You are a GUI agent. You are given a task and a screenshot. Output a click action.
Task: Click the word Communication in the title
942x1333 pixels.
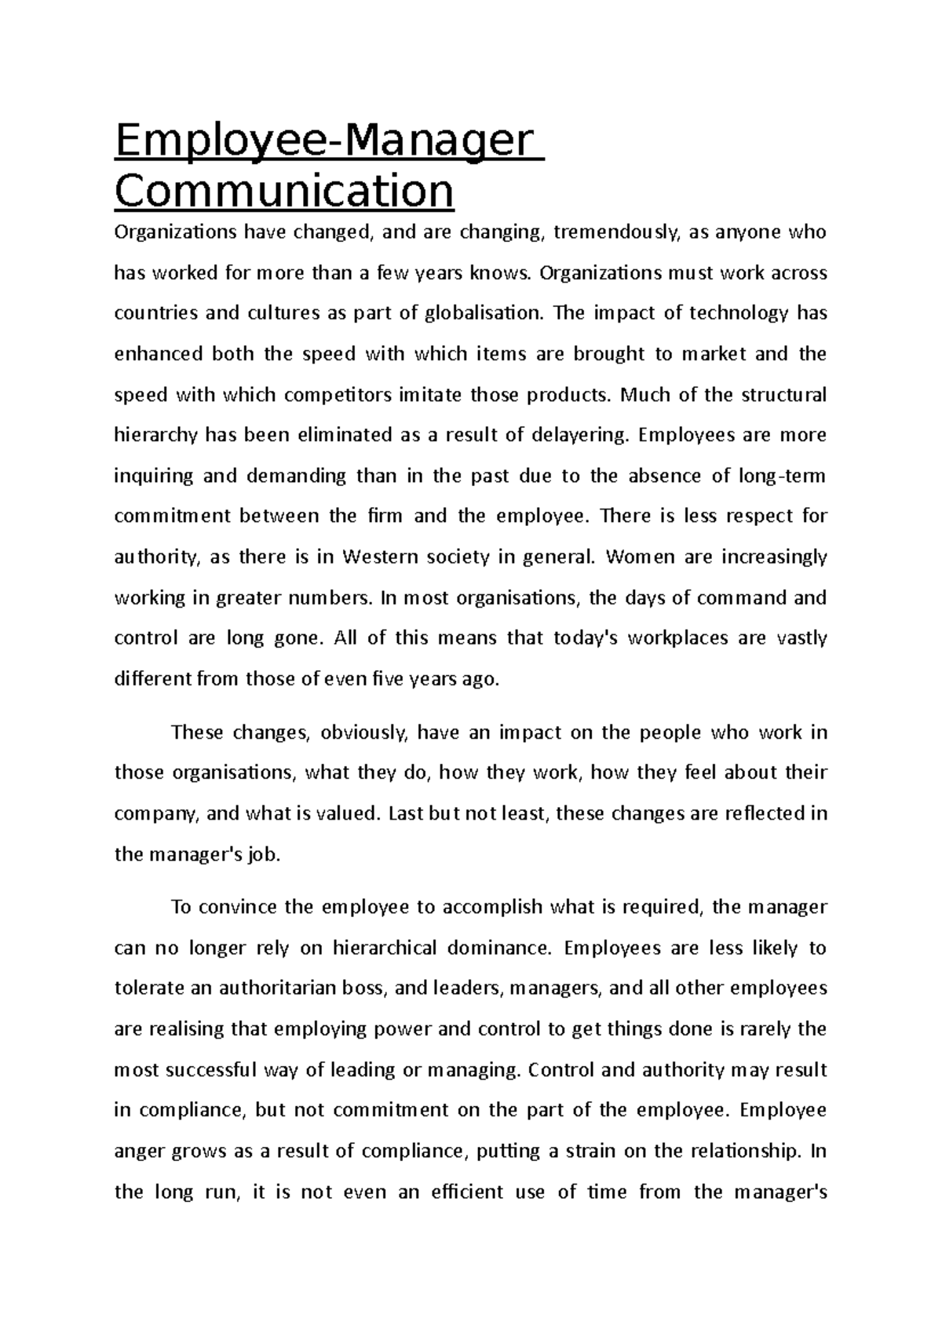pyautogui.click(x=284, y=190)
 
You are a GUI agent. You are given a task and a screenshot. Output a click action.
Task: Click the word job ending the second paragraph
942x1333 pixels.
pyautogui.click(x=263, y=855)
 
